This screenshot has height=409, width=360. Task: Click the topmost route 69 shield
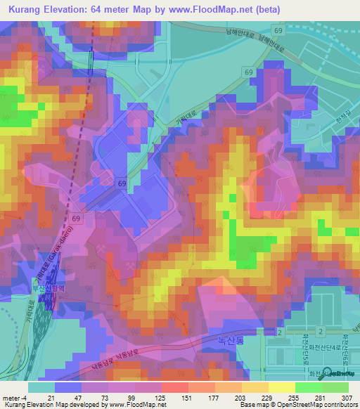click(x=280, y=32)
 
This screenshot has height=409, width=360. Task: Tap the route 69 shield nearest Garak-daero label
click(x=76, y=219)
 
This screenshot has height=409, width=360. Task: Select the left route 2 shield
click(x=279, y=331)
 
